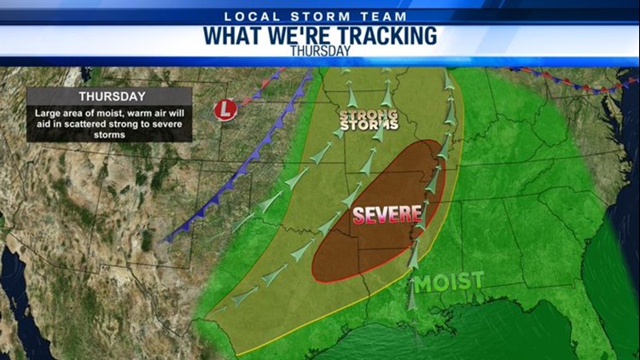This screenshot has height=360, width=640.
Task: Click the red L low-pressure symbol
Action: [x=224, y=110]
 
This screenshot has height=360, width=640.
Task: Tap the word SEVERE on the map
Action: [x=387, y=215]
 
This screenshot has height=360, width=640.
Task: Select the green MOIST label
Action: [x=449, y=281]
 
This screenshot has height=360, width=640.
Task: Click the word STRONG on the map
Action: [x=369, y=113]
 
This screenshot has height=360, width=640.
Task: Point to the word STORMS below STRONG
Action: [x=369, y=125]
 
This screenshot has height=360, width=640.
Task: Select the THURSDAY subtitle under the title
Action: [x=320, y=50]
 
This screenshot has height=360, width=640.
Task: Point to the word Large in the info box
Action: [x=48, y=113]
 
